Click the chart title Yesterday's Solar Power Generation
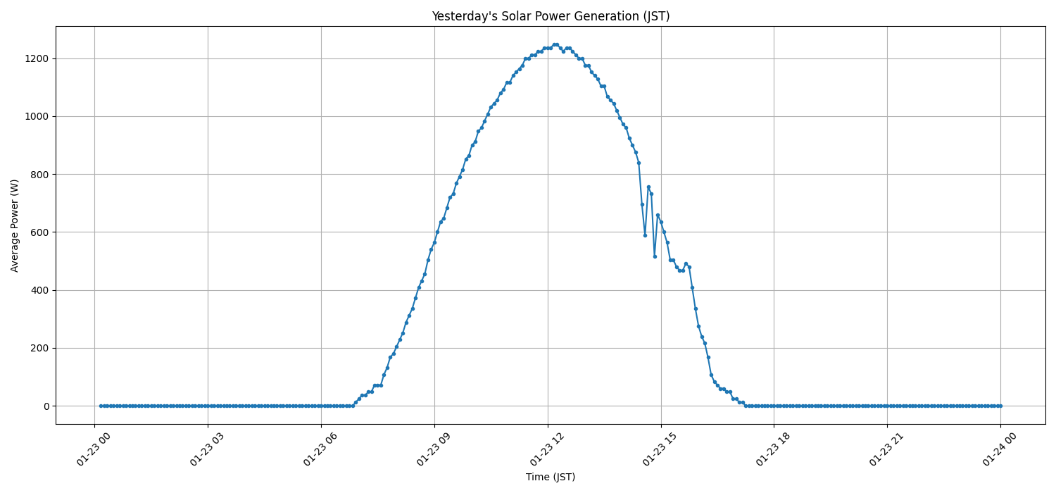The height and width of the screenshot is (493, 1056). point(551,16)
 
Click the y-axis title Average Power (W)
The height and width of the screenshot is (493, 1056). point(15,225)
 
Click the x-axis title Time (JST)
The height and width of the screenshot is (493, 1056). point(551,477)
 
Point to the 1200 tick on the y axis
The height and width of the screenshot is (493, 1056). point(35,58)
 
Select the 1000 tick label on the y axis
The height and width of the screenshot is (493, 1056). point(35,116)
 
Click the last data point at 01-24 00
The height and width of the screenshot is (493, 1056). point(1000,406)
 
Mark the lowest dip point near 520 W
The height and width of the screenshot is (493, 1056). point(655,256)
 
